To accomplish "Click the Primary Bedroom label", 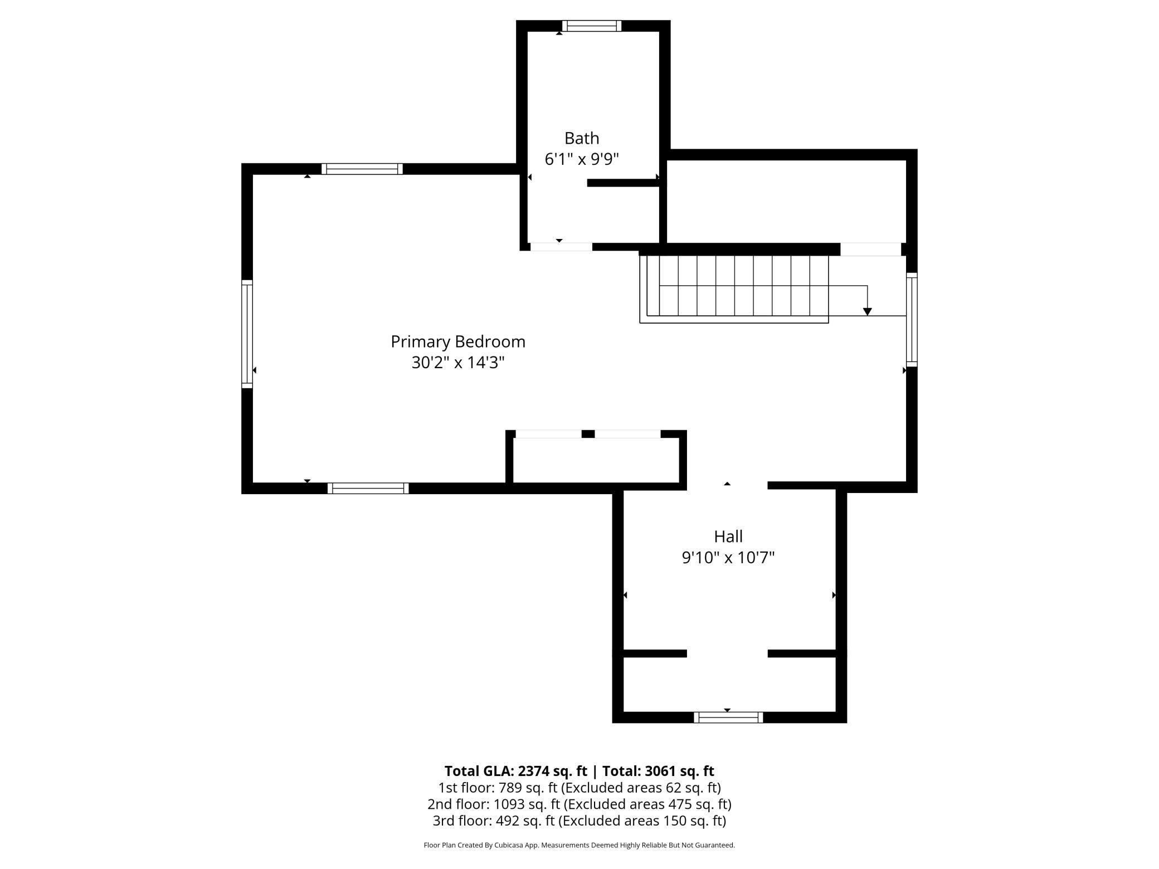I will tap(457, 341).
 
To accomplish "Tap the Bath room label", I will tap(581, 138).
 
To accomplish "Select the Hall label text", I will tap(728, 536).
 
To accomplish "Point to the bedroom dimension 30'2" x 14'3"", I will tap(457, 363).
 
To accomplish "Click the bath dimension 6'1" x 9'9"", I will tap(581, 159).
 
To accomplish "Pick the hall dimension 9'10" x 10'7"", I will tap(728, 558).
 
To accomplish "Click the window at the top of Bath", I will tap(591, 26).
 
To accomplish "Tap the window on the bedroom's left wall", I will tap(247, 334).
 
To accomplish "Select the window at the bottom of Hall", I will tap(728, 717).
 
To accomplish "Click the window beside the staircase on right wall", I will tap(912, 319).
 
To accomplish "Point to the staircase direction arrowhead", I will tap(867, 311).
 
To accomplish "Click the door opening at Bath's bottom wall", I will tap(561, 247).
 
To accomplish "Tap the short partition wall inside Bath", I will tap(623, 183).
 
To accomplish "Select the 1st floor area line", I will tap(579, 788).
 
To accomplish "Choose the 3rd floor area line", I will tap(579, 821).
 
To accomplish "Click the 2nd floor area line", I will tap(579, 804).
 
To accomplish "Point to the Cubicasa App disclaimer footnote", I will tap(579, 845).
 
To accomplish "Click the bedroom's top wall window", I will tap(362, 169).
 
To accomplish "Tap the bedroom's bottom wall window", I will tap(368, 489).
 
